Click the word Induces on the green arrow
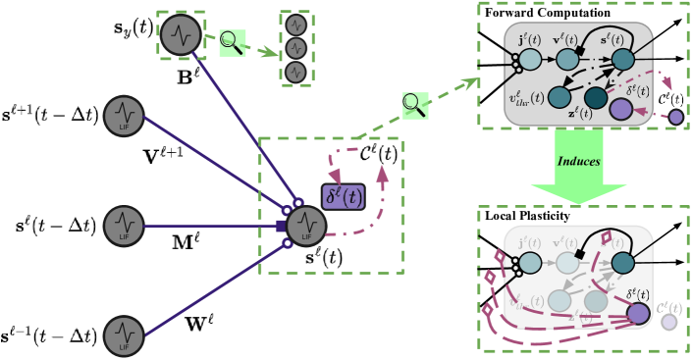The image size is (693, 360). [x=578, y=160]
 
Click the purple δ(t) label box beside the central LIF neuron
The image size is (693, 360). [x=343, y=197]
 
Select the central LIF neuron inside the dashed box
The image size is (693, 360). [x=306, y=226]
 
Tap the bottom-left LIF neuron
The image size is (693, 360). [x=125, y=335]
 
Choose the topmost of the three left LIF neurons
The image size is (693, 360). [x=125, y=116]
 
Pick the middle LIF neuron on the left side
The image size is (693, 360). [x=125, y=226]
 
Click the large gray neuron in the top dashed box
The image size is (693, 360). [x=181, y=34]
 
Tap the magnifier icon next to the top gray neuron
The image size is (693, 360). [x=232, y=42]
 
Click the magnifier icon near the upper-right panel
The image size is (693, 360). [x=414, y=105]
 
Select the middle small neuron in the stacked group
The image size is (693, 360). [x=296, y=48]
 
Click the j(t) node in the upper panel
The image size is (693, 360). [x=529, y=59]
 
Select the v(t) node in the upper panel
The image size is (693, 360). [x=567, y=59]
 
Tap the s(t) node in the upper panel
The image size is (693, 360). [x=623, y=59]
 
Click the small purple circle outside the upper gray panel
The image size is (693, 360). [x=675, y=117]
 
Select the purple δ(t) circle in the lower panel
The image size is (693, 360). [x=638, y=313]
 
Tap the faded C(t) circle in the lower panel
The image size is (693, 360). [x=668, y=321]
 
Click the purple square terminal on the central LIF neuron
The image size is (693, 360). [x=281, y=226]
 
